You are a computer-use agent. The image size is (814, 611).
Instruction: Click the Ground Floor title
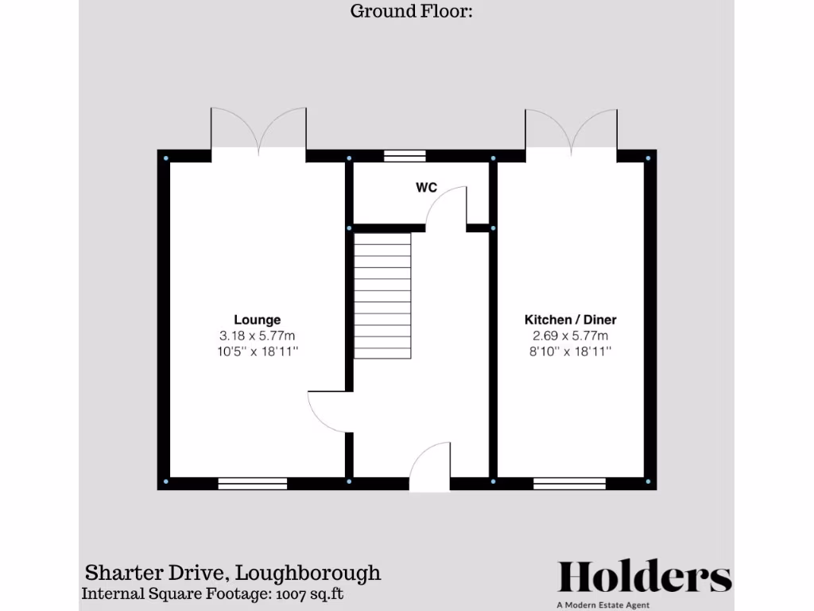point(412,11)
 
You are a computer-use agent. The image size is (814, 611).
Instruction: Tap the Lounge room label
point(257,320)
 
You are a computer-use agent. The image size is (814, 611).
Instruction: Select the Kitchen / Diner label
point(570,320)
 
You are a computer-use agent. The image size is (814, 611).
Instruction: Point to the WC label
point(426,189)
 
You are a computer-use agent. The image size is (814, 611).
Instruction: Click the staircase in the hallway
point(382,295)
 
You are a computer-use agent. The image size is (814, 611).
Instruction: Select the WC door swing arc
point(445,207)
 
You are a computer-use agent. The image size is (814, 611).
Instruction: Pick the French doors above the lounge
point(258,131)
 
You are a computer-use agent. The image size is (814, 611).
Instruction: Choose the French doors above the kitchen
point(570,131)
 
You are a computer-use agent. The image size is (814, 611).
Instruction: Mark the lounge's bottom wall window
point(253,483)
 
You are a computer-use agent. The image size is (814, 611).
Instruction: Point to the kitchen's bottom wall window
point(569,483)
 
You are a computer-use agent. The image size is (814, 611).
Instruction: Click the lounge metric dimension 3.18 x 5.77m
point(257,336)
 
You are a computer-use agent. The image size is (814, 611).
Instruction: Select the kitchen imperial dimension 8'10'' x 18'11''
point(570,351)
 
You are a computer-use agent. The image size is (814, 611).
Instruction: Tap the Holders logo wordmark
point(644,577)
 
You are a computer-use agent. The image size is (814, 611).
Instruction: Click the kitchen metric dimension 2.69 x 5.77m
point(570,336)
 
